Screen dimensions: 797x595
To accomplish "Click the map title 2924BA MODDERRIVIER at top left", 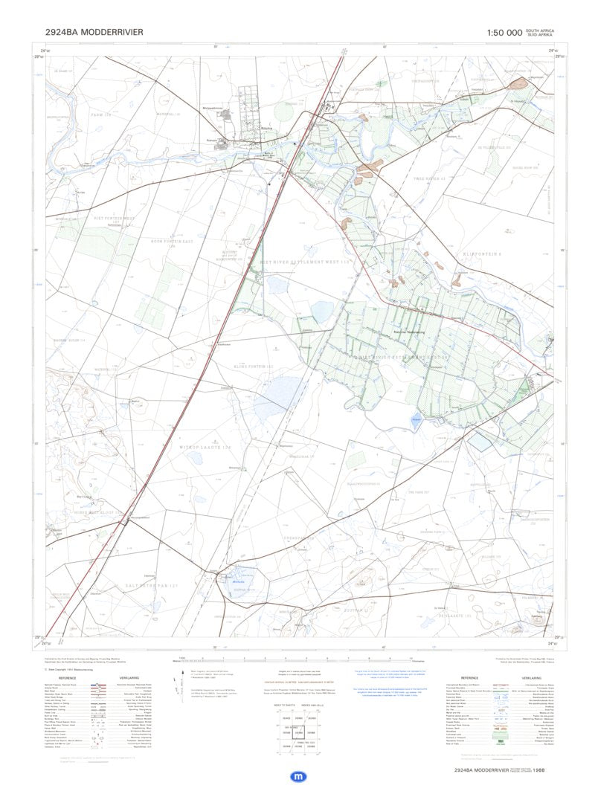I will [x=94, y=32].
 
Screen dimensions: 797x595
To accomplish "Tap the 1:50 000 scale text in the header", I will [x=504, y=33].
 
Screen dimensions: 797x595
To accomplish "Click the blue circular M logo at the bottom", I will [x=297, y=776].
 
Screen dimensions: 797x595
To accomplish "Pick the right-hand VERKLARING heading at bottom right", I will [x=531, y=677].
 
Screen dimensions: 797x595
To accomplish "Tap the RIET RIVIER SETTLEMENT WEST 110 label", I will [x=304, y=262].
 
